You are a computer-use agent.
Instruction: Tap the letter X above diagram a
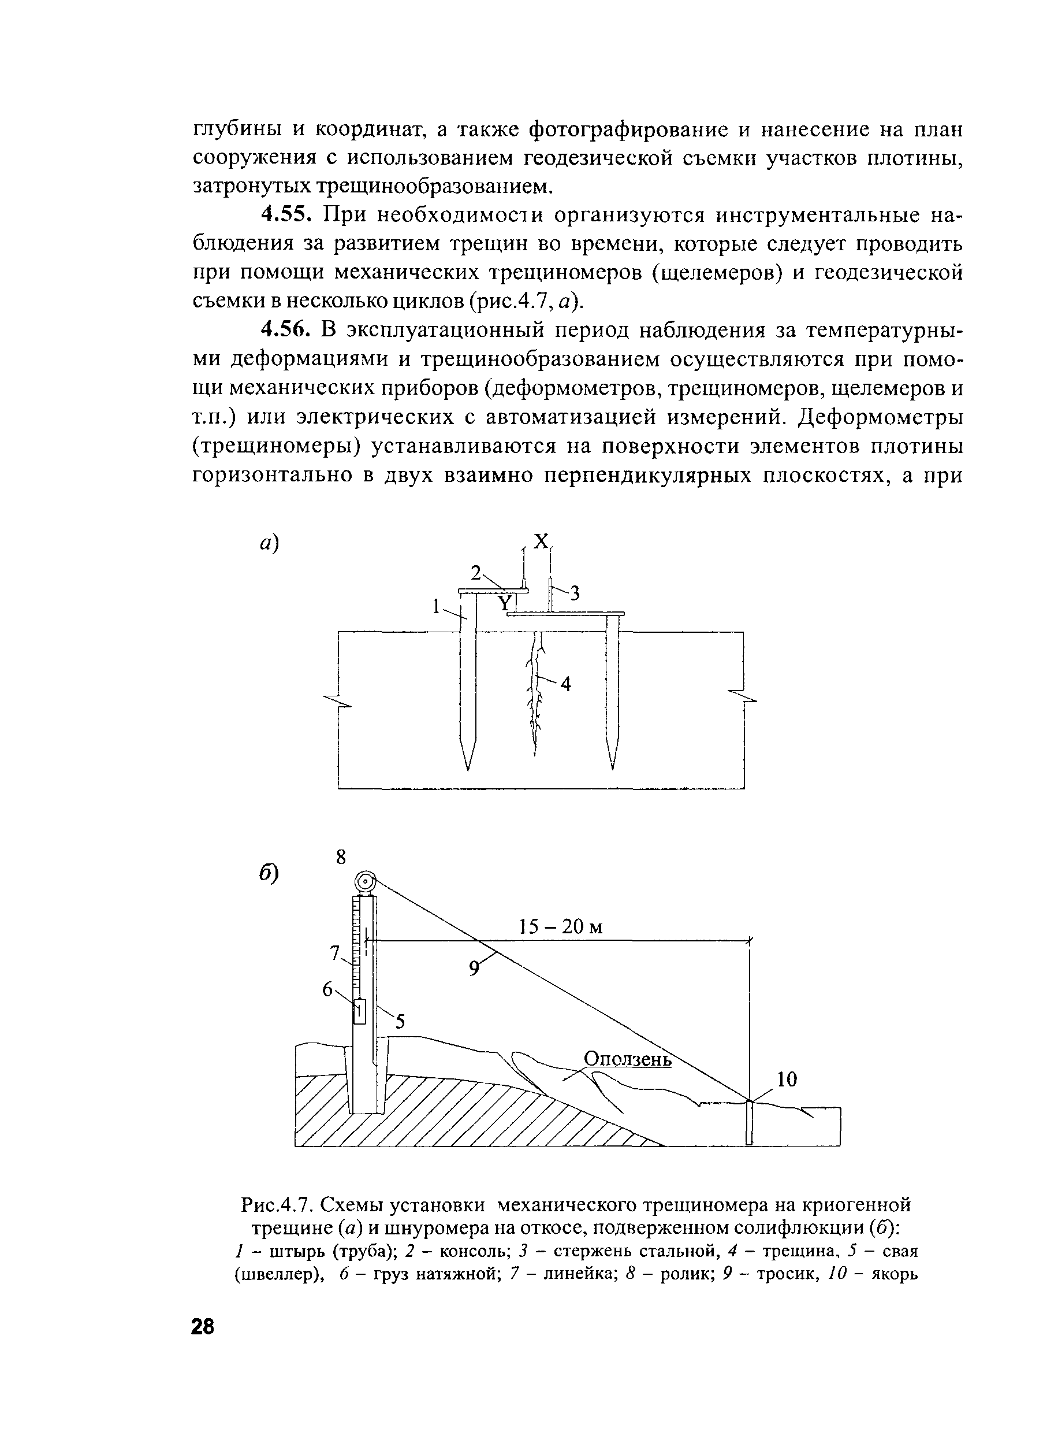pos(541,541)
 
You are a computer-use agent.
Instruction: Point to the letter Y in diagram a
pos(505,603)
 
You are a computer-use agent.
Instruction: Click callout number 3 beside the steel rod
pos(575,594)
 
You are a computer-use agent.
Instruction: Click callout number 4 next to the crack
pos(565,685)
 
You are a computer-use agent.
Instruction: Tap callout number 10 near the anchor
pos(787,1080)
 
